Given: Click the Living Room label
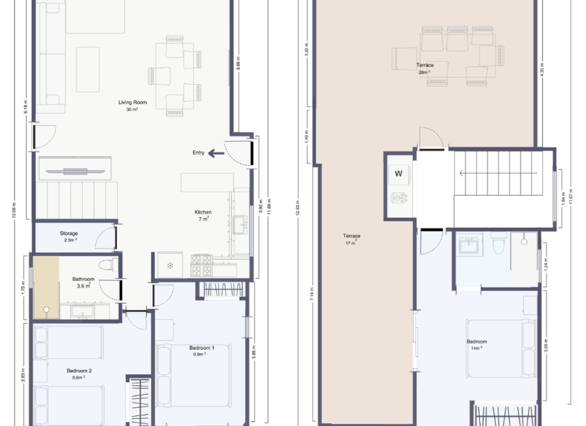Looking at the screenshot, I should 133,103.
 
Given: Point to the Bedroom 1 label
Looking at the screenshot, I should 202,348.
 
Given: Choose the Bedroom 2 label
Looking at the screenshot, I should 79,371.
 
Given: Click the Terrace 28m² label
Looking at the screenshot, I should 426,66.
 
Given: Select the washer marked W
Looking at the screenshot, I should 399,174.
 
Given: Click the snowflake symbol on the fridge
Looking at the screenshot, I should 169,266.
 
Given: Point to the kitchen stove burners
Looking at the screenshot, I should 202,266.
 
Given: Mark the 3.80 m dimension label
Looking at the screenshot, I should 238,64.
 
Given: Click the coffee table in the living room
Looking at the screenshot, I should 87,69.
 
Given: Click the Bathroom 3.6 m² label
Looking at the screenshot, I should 83,282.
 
